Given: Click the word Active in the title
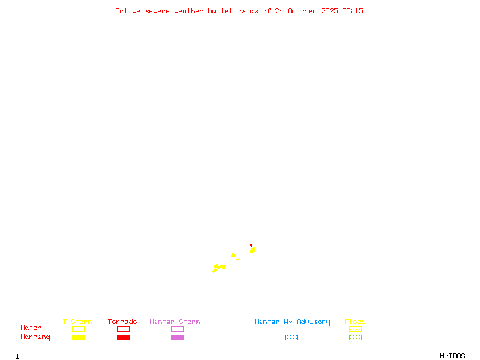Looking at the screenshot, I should pos(128,11).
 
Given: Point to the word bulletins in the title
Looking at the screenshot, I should pos(227,11).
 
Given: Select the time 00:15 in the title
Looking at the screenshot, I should pos(353,11).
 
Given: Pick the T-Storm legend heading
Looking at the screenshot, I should pos(77,322).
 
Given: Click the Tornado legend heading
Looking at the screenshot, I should pos(122,322).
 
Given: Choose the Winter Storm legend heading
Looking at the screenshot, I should pos(175,322).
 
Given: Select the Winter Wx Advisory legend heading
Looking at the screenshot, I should pos(292,322).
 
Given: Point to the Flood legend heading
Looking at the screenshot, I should pos(355,322).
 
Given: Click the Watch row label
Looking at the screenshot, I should pos(31,328).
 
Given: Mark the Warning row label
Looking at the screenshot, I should pos(35,337).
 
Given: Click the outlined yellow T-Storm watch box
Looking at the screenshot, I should pos(78,329).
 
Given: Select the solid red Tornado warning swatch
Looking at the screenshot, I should pos(123,337).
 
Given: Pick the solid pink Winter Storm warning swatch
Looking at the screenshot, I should pos(177,337).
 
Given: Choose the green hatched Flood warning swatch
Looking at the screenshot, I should pos(355,337).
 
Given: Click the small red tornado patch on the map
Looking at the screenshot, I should pos(251,245).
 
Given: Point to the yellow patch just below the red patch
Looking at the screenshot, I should pos(253,250).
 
